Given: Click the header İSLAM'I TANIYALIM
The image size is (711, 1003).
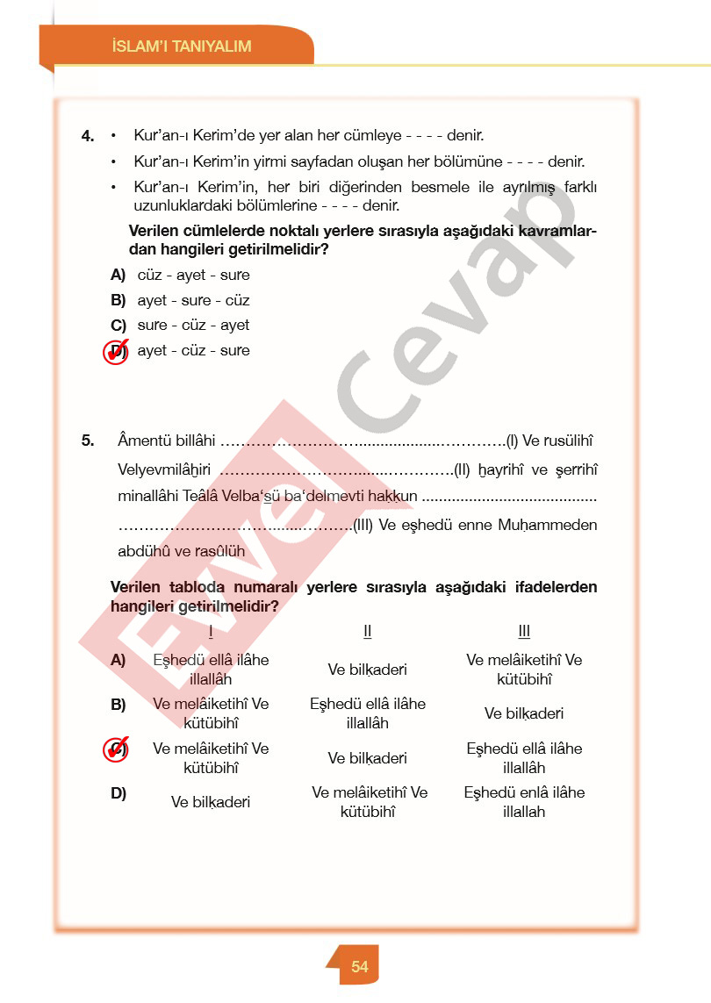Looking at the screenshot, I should click(x=183, y=47).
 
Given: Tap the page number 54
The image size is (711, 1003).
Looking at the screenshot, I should click(x=360, y=967).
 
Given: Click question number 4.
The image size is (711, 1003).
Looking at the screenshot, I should click(x=88, y=136).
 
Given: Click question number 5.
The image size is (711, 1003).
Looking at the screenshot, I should click(x=88, y=441).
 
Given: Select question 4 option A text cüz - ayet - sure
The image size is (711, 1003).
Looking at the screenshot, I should click(x=193, y=275).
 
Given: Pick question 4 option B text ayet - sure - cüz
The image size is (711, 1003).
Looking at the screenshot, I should click(x=193, y=300).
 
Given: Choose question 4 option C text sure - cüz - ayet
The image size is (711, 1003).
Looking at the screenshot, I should click(x=193, y=325).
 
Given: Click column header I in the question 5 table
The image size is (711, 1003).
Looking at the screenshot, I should click(x=211, y=632).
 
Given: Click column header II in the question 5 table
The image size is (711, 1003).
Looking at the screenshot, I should click(x=368, y=632).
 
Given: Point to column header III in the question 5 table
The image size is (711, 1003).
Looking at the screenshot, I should click(x=524, y=632).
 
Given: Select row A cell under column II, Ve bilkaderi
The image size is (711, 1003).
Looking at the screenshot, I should click(x=368, y=670).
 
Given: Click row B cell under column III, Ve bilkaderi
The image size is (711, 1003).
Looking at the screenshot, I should click(x=524, y=713).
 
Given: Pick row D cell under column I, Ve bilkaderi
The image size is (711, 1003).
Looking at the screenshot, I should click(x=211, y=802).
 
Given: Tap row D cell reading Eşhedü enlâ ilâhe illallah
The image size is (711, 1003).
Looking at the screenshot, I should click(x=524, y=802).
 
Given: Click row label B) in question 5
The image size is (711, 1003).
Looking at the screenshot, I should click(x=118, y=704).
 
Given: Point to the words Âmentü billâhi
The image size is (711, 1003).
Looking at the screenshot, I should click(x=166, y=440).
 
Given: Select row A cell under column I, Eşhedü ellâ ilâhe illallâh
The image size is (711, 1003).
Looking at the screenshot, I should click(x=211, y=670).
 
